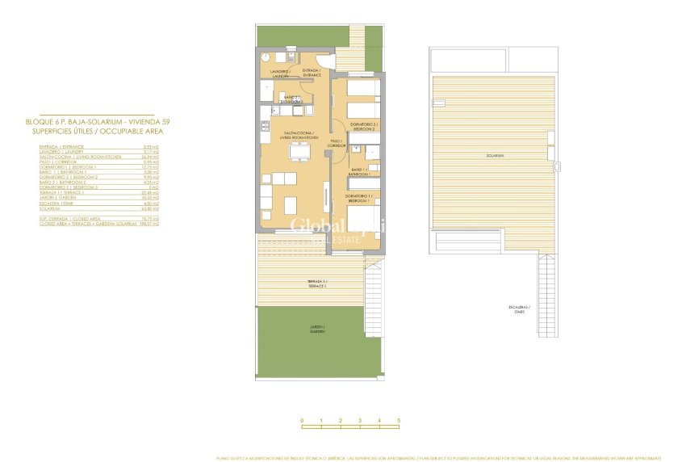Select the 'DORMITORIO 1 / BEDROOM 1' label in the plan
358,198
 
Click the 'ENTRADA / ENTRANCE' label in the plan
312,73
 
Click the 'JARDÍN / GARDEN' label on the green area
299,330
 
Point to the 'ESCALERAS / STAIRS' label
518,309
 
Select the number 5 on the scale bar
399,421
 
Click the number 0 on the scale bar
302,421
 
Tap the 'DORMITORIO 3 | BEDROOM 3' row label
69,187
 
